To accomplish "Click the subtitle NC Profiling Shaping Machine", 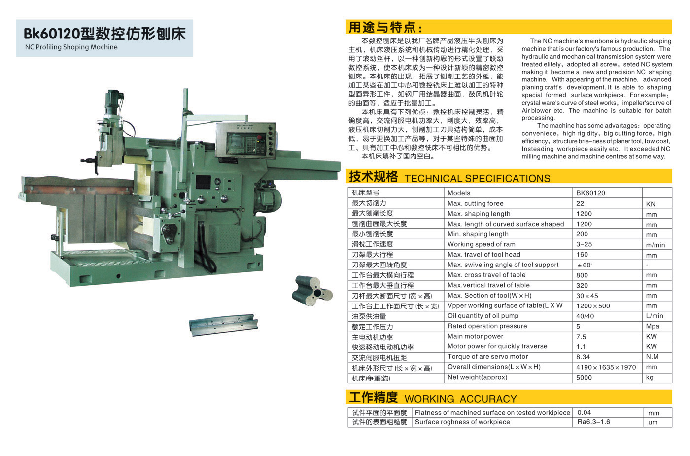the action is tap(71, 47).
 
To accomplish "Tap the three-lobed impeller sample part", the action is tap(311, 291).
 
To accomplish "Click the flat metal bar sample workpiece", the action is tap(223, 325).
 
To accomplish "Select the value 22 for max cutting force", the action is tap(580, 204).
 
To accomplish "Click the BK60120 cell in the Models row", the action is tap(590, 193).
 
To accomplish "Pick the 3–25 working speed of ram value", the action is tap(584, 244).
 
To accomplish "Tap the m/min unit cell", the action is tap(655, 245).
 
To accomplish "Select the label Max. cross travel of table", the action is tap(486, 275).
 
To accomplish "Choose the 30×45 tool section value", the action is tap(587, 296).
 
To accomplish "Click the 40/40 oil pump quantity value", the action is tap(585, 316).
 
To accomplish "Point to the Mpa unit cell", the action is tap(653, 326).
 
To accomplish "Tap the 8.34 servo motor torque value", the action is tap(583, 357).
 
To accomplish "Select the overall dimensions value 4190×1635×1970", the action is tap(606, 367).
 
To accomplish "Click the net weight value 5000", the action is tap(584, 378).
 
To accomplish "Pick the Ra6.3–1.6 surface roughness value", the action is tap(593, 422).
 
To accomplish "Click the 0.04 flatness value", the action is tap(584, 413).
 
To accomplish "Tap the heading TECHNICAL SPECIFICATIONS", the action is tap(477, 178).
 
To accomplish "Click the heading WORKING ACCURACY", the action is tap(460, 399).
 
